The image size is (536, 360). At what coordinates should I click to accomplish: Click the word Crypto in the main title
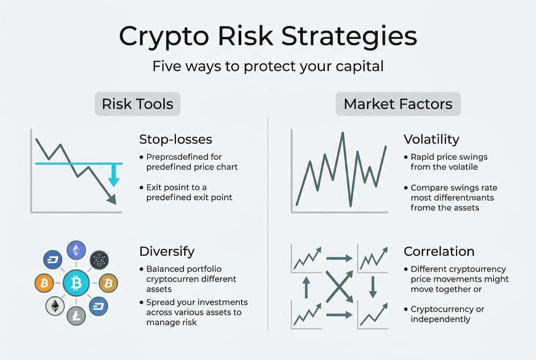tap(164, 37)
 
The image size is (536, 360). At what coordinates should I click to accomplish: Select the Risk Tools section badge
tap(137, 103)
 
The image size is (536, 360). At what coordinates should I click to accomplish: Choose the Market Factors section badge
tap(398, 103)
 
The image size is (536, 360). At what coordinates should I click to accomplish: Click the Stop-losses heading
tap(176, 139)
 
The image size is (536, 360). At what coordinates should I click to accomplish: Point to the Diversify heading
tap(167, 251)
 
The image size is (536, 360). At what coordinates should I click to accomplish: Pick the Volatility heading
tap(432, 139)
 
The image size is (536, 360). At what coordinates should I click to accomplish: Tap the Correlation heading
tap(439, 251)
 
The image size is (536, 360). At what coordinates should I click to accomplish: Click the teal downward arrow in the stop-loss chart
tap(113, 175)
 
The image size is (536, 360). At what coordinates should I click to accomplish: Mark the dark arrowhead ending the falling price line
tap(112, 199)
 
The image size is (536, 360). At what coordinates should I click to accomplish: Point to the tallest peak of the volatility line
tap(343, 133)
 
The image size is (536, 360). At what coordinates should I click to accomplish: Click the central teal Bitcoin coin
tap(76, 282)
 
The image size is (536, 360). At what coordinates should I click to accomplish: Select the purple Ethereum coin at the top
tap(76, 250)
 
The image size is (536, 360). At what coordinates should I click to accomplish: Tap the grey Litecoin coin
tap(76, 315)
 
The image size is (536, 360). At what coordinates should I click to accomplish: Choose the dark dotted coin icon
tap(99, 259)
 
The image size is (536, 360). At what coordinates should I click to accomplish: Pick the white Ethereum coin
tap(55, 306)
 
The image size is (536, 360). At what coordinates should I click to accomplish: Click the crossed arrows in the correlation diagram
tap(339, 287)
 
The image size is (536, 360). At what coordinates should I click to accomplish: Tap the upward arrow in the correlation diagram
tap(306, 287)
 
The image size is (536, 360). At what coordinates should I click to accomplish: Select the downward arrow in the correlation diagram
tap(373, 287)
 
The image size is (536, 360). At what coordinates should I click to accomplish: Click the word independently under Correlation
tap(440, 319)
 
